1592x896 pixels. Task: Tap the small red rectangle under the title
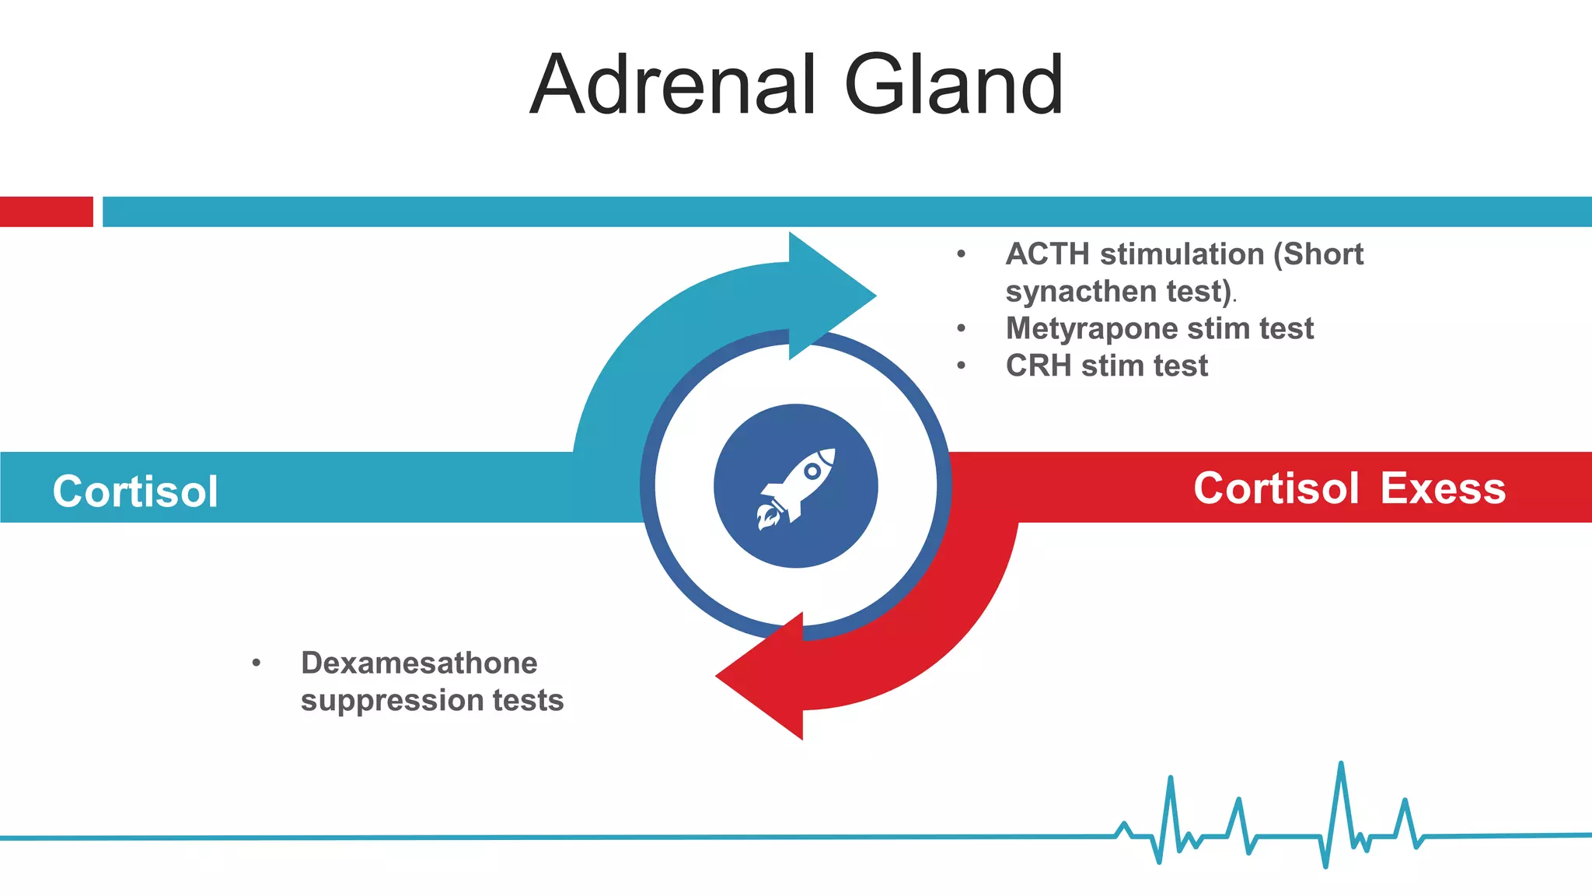pyautogui.click(x=46, y=212)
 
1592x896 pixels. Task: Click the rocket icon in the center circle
pyautogui.click(x=797, y=487)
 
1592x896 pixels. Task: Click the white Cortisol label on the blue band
pyautogui.click(x=135, y=492)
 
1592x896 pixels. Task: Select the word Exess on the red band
pyautogui.click(x=1443, y=488)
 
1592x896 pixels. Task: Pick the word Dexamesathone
pyautogui.click(x=419, y=663)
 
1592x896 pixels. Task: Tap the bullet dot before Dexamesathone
pyautogui.click(x=256, y=663)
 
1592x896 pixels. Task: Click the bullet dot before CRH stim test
pyautogui.click(x=962, y=366)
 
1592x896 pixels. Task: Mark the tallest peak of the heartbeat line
pyautogui.click(x=1341, y=766)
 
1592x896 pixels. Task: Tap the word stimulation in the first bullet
pyautogui.click(x=1182, y=254)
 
